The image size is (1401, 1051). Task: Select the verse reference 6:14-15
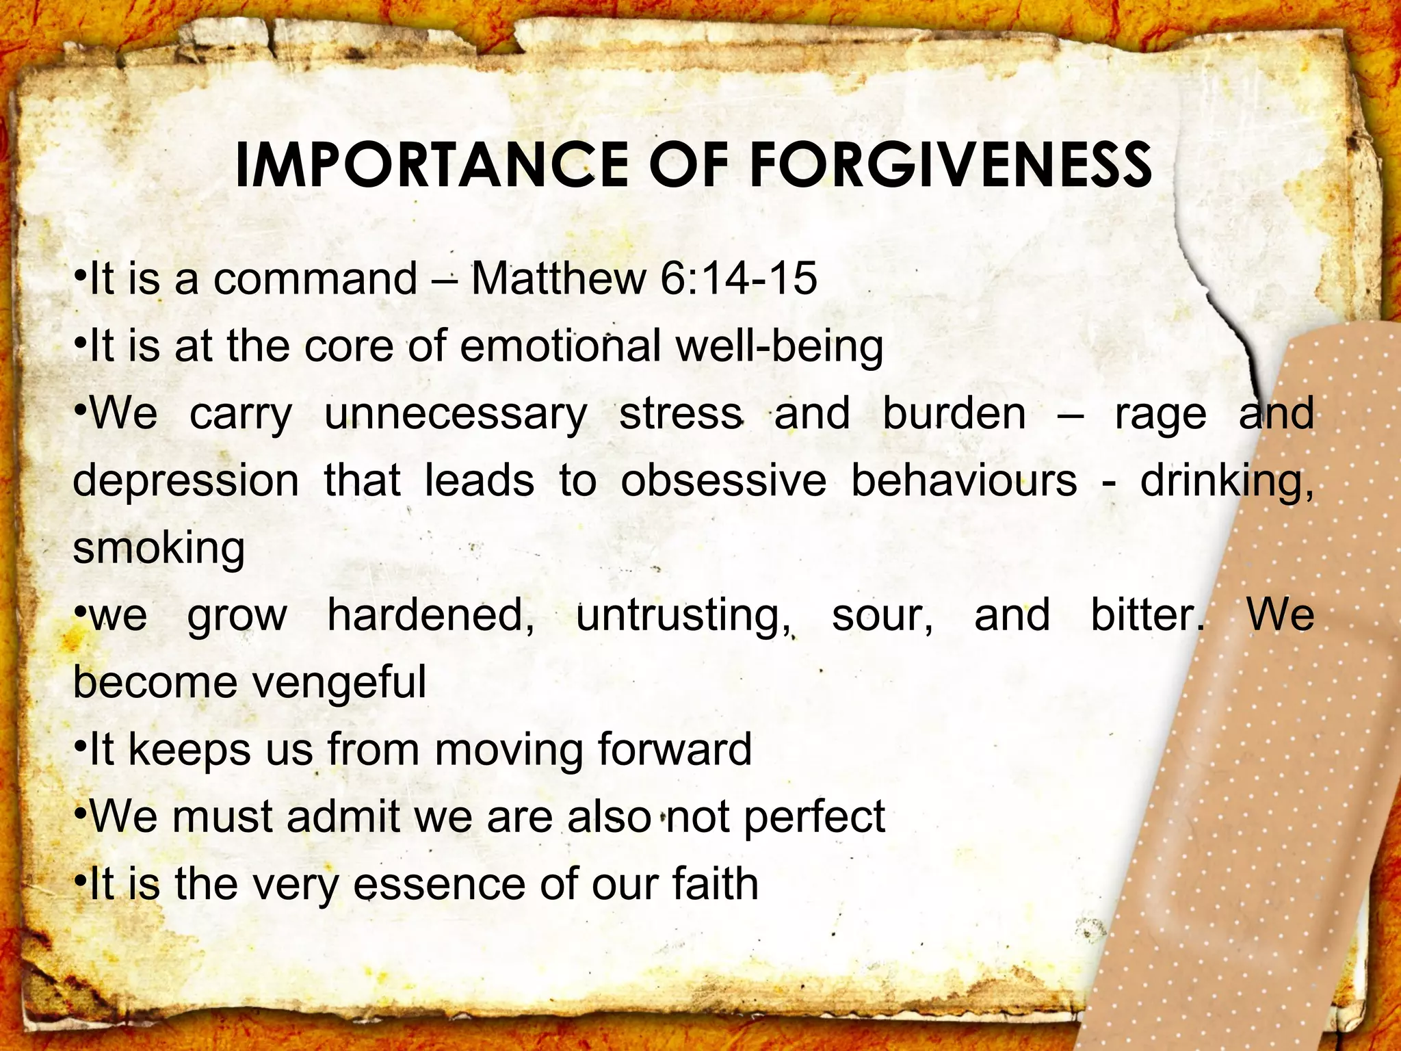point(739,278)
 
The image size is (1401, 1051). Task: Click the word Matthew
point(558,278)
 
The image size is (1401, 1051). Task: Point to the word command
point(315,278)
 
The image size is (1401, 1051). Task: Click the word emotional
point(560,346)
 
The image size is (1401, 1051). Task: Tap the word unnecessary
point(456,415)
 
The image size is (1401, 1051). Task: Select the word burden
point(954,413)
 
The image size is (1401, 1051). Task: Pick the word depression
point(185,482)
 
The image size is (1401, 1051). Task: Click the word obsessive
point(723,480)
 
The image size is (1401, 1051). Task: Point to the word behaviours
point(964,480)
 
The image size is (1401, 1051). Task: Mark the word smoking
point(159,549)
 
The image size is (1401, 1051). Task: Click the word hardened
point(430,615)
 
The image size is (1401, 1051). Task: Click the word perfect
point(814,817)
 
